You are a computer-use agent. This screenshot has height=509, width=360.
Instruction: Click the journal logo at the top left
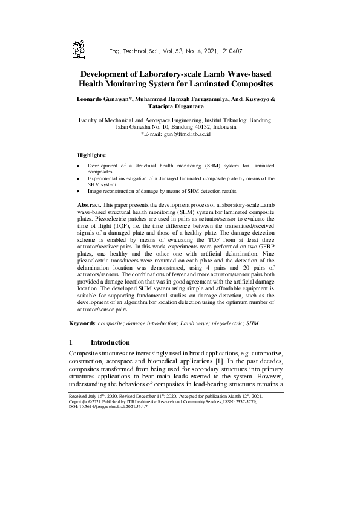(78, 48)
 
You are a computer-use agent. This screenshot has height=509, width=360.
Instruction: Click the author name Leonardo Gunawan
(103, 99)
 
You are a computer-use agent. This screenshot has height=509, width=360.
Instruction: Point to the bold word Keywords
(84, 323)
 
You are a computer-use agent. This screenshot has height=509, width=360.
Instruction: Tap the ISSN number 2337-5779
(267, 401)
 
